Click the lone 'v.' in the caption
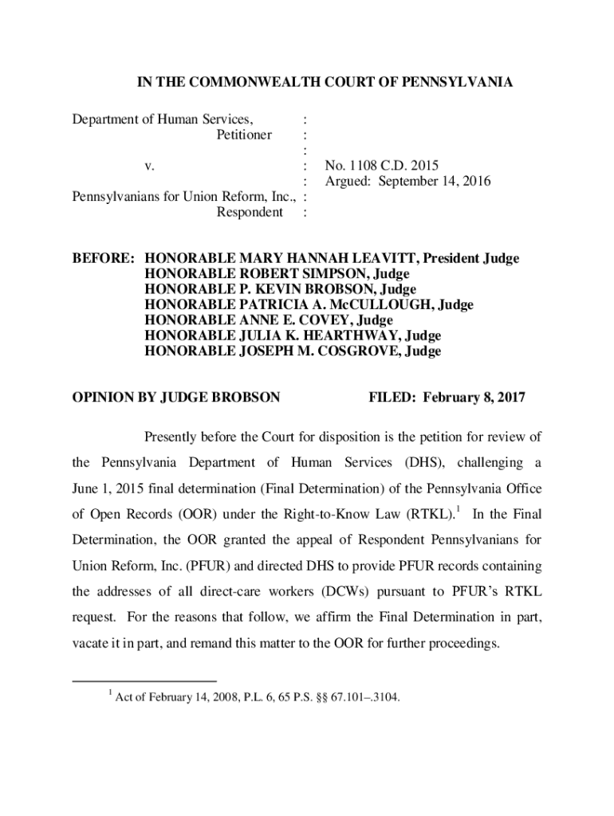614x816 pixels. point(148,167)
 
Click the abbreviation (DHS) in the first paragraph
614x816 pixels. point(410,463)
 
